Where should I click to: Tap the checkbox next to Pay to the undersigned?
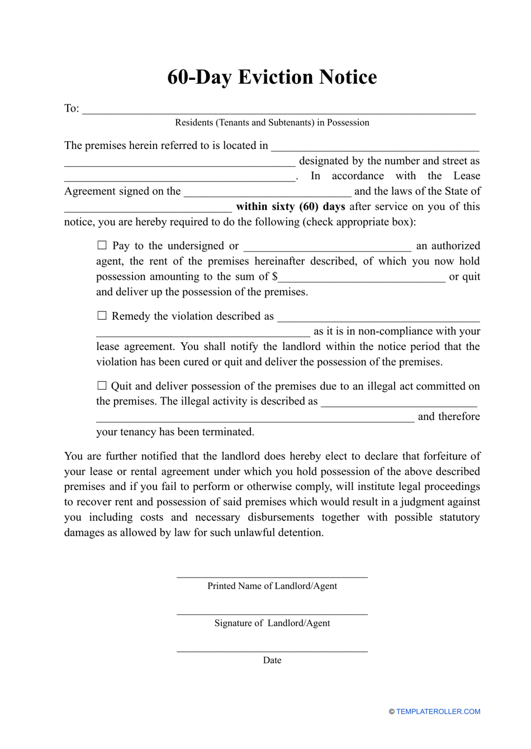102,245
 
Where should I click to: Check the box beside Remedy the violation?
102,315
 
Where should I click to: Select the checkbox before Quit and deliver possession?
102,385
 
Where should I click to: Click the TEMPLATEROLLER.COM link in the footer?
438,712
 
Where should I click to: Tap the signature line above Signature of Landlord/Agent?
272,613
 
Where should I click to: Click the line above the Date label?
272,650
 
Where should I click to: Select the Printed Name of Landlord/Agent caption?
272,586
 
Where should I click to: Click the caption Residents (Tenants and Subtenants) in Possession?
272,123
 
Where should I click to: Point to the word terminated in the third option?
227,432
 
